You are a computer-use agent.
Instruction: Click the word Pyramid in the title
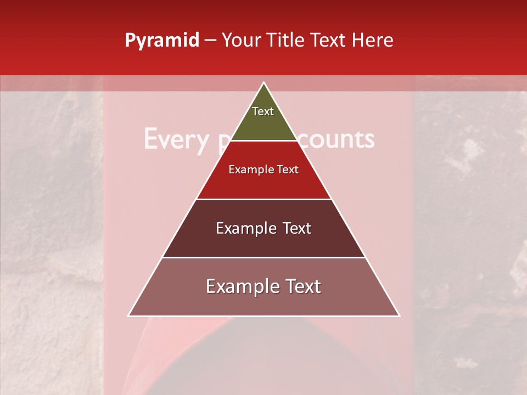[161, 41]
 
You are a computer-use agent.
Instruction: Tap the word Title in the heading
[288, 40]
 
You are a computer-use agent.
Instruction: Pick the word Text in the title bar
[331, 40]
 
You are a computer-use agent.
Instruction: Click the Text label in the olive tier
[263, 111]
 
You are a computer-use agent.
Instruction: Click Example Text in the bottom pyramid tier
[263, 286]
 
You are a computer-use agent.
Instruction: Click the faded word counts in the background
[341, 139]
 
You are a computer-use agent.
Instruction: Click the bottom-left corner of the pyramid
[129, 315]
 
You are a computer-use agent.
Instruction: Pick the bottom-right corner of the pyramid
[399, 315]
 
